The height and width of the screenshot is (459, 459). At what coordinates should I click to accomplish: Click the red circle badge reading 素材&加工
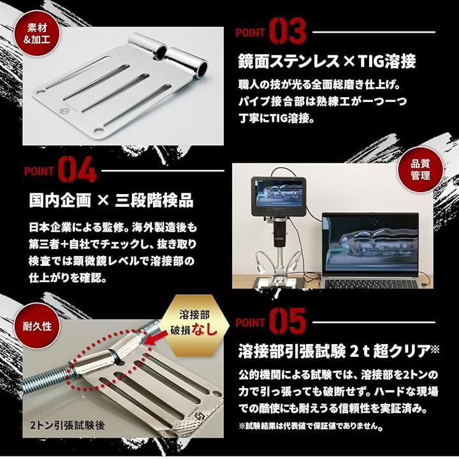[36, 34]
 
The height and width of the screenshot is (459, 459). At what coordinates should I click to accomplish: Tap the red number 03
[287, 31]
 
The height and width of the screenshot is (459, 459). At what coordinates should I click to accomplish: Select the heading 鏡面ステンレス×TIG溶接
[326, 61]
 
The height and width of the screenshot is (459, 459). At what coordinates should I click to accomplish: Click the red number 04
[77, 169]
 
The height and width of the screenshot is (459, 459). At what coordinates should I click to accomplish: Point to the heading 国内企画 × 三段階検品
[111, 200]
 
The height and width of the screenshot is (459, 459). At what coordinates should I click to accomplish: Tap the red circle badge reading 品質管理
[420, 169]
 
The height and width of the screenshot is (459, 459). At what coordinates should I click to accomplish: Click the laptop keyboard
[371, 283]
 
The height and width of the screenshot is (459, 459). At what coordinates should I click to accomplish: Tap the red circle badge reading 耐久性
[37, 326]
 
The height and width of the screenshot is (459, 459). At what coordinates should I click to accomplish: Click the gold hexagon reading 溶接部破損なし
[196, 325]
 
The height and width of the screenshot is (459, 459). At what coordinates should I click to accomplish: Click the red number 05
[287, 321]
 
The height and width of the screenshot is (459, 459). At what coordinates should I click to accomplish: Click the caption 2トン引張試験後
[67, 425]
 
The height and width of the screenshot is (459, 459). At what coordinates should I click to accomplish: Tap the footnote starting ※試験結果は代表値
[311, 426]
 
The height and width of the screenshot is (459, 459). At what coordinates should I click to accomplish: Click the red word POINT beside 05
[251, 323]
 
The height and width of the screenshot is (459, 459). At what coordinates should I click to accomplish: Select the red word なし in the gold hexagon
[205, 330]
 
